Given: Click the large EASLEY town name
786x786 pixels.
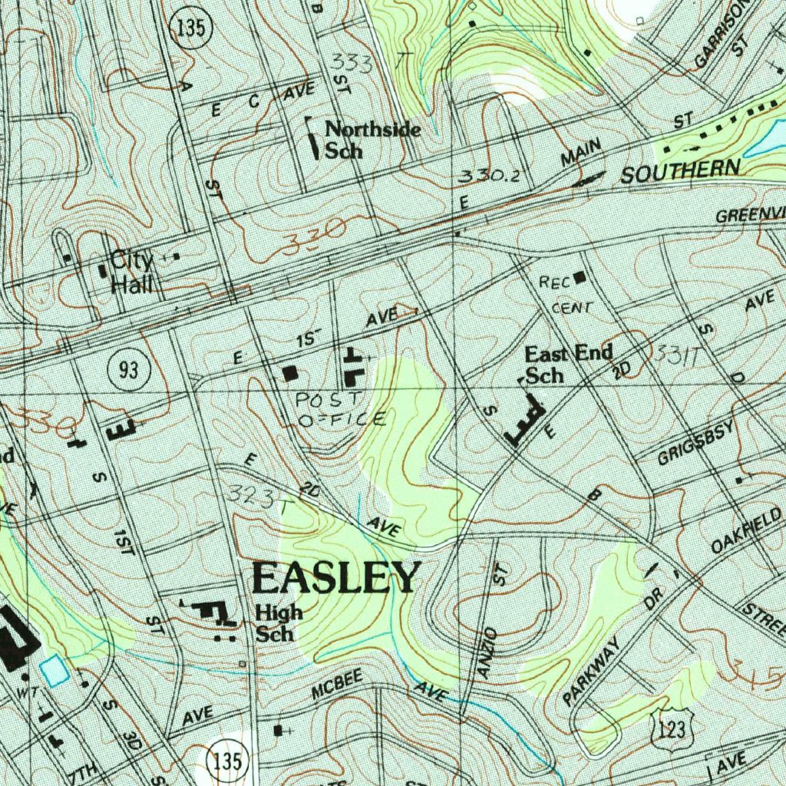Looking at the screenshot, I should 336,578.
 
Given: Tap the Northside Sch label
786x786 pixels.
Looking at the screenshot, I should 372,139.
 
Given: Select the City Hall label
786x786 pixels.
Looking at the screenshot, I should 132,272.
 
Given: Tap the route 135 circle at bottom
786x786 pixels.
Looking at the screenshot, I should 228,762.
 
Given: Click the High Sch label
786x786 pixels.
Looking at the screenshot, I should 279,623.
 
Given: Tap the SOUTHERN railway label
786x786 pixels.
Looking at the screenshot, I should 680,172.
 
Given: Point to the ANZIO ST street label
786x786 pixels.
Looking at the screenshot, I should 490,622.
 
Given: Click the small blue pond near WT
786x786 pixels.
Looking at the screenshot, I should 54,671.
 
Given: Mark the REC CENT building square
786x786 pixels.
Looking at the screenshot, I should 579,276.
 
